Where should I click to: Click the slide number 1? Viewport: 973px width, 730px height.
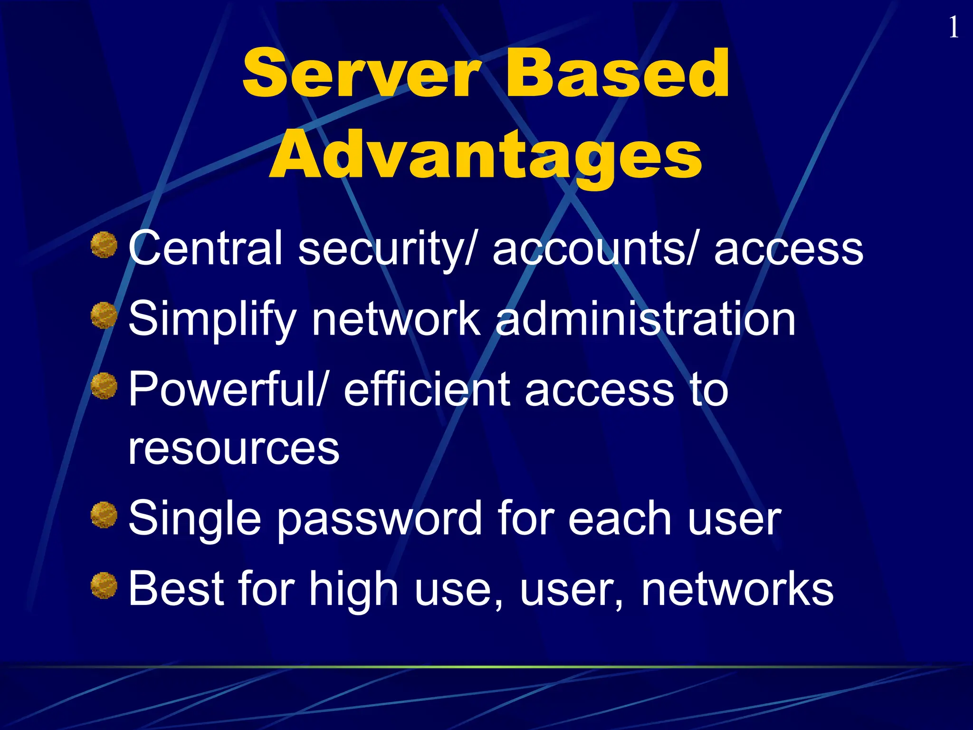[953, 28]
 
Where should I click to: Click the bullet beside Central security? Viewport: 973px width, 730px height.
[104, 245]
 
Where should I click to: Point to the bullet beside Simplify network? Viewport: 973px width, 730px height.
[104, 316]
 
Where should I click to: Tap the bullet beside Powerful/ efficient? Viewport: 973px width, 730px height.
[104, 386]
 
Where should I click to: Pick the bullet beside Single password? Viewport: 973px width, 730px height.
[104, 515]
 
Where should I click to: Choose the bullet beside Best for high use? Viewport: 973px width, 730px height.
[104, 586]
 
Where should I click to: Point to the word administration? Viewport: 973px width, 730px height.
[645, 318]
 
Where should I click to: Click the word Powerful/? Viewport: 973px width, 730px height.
[228, 390]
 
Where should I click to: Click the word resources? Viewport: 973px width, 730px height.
[234, 448]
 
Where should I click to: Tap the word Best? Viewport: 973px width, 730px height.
[176, 589]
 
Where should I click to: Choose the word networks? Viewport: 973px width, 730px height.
[737, 589]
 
